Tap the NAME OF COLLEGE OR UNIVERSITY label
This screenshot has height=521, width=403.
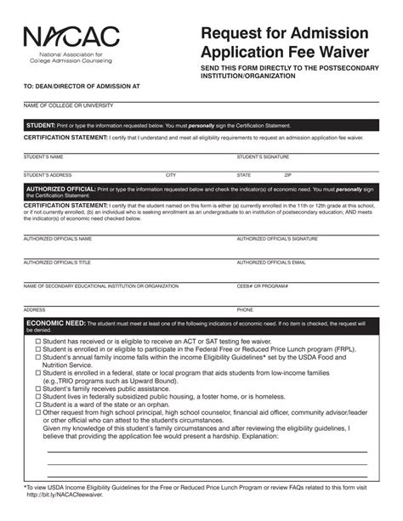(x=68, y=105)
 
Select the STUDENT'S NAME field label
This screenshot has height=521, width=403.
(x=43, y=157)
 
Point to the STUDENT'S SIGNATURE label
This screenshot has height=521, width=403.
(x=263, y=157)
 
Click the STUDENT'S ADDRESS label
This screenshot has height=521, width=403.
(x=47, y=175)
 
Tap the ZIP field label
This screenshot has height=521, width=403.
(x=264, y=175)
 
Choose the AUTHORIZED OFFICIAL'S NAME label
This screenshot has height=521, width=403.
(x=57, y=239)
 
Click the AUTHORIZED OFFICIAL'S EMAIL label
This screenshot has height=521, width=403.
(x=270, y=263)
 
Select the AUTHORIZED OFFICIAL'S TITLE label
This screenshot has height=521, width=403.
(x=56, y=263)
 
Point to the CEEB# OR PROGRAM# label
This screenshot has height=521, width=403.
(x=262, y=286)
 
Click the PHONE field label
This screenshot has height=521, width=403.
(x=245, y=310)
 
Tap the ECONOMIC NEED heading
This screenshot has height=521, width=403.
(x=56, y=324)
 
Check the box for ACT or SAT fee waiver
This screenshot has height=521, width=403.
(x=38, y=340)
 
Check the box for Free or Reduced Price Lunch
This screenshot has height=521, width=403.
(x=38, y=348)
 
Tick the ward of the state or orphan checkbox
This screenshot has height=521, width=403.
(x=38, y=405)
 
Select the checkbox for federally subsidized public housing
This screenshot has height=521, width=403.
(x=38, y=396)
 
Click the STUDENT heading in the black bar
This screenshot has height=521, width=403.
(x=41, y=125)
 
